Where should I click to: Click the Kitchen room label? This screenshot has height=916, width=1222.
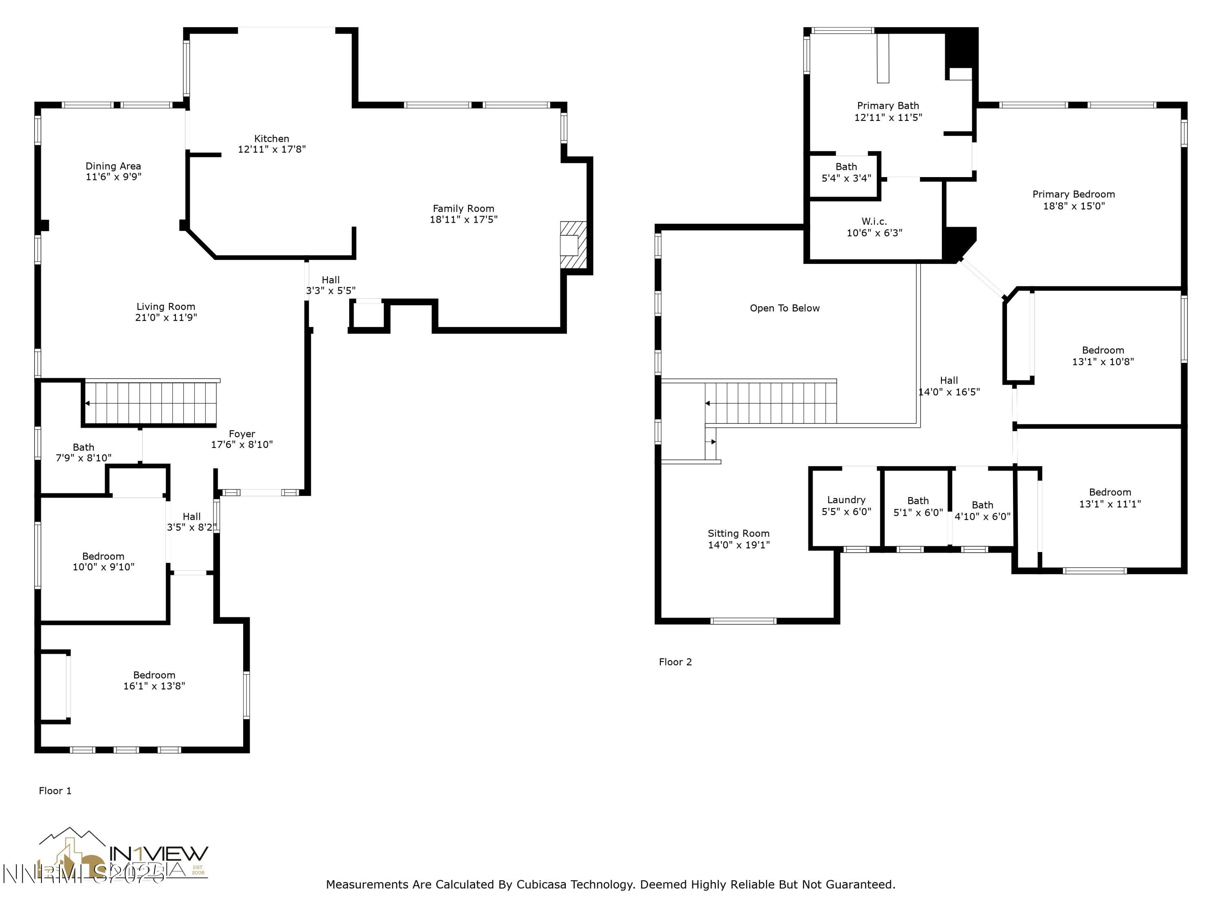click(x=271, y=138)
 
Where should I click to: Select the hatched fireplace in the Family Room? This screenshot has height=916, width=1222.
click(x=573, y=245)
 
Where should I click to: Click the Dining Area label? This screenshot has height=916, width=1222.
click(x=113, y=166)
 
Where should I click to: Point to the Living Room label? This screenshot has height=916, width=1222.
click(x=166, y=307)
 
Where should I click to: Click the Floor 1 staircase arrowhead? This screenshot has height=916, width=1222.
click(x=87, y=403)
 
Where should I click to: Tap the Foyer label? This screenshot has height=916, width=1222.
click(x=242, y=434)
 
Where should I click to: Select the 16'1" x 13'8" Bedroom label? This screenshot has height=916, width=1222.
click(x=154, y=675)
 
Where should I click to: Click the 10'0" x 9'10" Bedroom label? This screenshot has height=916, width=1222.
click(x=103, y=557)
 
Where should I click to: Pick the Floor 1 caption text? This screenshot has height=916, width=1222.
click(x=55, y=791)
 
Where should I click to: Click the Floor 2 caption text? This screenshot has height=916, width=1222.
click(x=675, y=662)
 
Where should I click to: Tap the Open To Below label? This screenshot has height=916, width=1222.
click(x=785, y=308)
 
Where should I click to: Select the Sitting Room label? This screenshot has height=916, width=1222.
click(x=738, y=533)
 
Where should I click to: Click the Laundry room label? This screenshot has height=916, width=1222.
click(x=846, y=500)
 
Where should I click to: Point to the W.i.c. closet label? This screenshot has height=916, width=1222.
click(x=874, y=221)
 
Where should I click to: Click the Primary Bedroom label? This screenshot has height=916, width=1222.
click(x=1073, y=194)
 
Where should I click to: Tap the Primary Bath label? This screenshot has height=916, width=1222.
click(x=888, y=105)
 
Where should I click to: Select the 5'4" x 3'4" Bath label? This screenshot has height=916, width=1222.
click(x=846, y=167)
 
